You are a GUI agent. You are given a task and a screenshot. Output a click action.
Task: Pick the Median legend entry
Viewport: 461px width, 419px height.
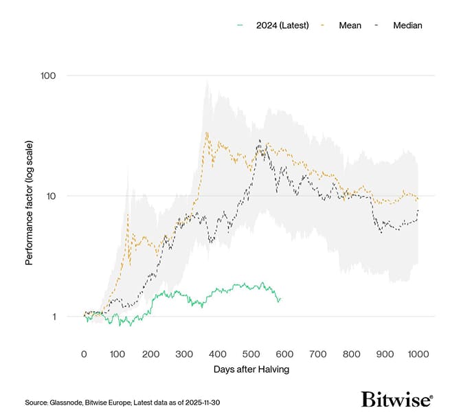(x=407, y=25)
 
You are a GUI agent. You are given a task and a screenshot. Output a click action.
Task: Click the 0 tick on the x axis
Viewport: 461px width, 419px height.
(x=84, y=354)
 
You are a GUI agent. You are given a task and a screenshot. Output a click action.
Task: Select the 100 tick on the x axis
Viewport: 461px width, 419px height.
(x=117, y=354)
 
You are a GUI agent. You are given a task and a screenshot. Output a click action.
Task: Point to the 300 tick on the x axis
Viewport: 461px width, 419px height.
(x=184, y=354)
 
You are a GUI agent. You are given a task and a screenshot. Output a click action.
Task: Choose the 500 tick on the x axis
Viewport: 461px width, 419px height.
(x=251, y=354)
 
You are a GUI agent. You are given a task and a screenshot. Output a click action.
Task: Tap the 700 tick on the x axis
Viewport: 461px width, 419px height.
(x=318, y=354)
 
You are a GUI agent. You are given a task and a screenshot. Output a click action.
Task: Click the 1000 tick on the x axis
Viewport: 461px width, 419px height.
(x=418, y=354)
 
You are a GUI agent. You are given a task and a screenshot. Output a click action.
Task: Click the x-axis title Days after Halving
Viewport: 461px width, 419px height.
(x=251, y=370)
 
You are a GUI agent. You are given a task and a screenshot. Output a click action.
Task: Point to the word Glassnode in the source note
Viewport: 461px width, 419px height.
(x=69, y=402)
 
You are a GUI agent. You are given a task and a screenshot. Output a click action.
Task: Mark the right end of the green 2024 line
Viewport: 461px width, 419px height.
(x=280, y=299)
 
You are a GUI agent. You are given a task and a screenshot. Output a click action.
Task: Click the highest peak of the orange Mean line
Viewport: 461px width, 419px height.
(x=207, y=133)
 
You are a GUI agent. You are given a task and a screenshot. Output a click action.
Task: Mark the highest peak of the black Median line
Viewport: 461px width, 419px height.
(x=259, y=140)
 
